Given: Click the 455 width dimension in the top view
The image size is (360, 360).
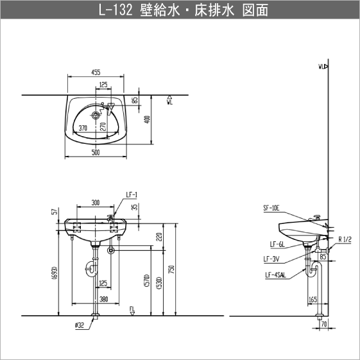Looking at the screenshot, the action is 96,73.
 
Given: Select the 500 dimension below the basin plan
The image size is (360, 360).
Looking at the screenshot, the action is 96,153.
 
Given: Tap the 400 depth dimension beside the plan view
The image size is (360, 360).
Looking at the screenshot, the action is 148,119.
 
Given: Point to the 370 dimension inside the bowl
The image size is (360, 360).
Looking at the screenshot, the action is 83,128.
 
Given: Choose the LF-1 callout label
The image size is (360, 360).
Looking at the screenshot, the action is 132,194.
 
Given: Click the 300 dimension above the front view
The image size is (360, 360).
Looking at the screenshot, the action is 96,203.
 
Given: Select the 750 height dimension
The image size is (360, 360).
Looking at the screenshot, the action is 173,270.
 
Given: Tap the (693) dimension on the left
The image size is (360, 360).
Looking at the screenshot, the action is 55,273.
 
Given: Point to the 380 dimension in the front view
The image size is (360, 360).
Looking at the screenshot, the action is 103,300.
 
